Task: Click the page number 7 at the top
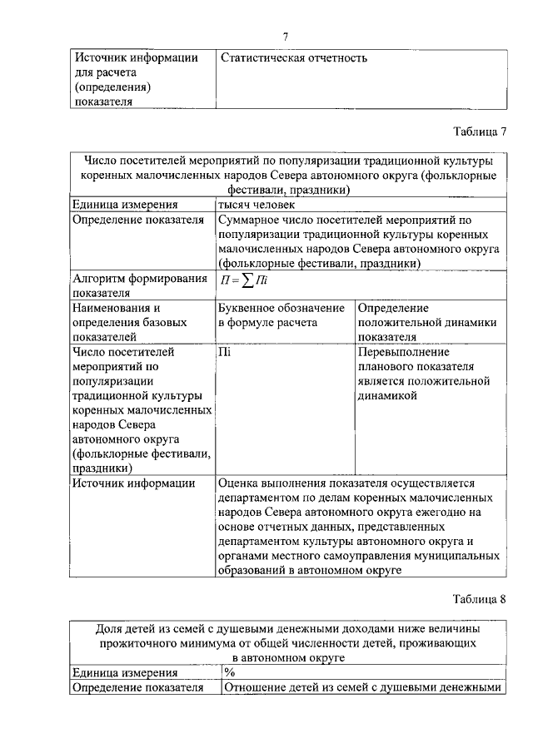(x=285, y=36)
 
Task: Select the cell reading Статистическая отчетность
(x=294, y=58)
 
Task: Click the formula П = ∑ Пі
(x=243, y=281)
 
